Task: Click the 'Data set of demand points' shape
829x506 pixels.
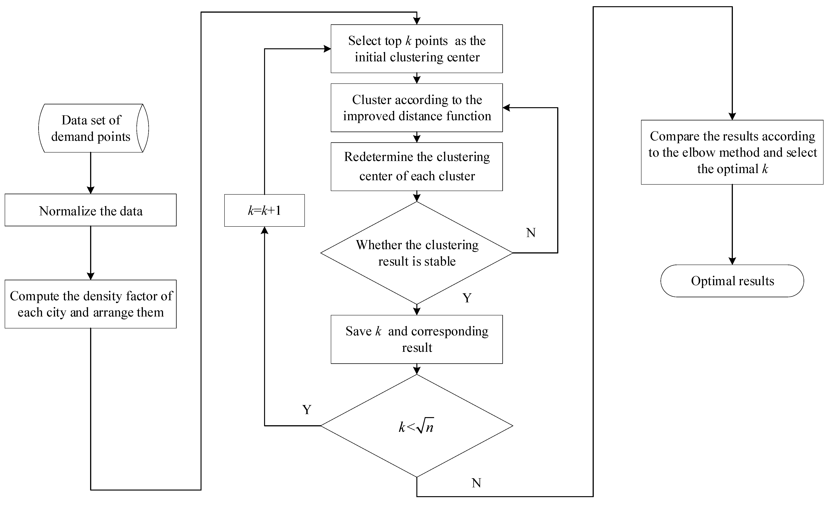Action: point(91,128)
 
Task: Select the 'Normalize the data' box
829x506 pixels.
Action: point(90,210)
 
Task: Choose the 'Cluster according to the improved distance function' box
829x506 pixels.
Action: point(417,108)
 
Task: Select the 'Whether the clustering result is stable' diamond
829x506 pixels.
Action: point(417,253)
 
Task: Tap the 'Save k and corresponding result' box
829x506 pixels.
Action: point(417,339)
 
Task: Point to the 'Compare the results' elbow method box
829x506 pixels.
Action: point(732,152)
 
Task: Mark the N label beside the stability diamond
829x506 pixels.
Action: point(531,233)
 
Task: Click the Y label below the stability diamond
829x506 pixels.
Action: point(467,298)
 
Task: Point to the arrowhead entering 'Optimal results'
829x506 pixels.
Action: point(732,261)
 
